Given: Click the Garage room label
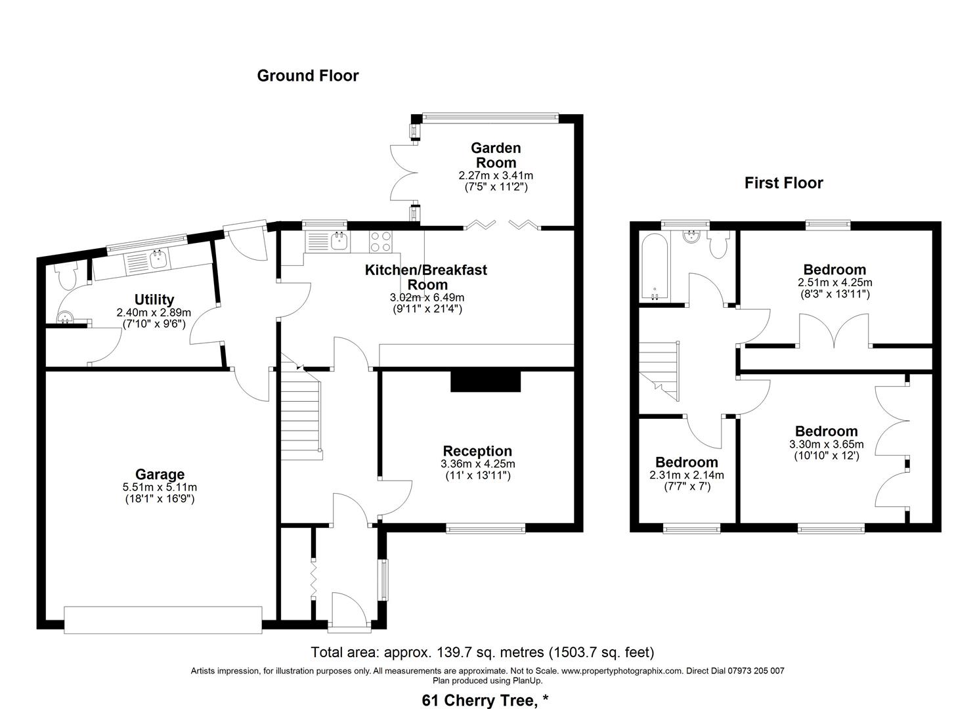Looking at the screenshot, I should [x=160, y=474].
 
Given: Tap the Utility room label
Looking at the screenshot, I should [x=154, y=300].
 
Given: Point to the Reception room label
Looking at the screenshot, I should [x=477, y=451].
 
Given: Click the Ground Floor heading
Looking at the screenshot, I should [x=308, y=75].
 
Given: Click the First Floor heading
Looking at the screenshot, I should [x=783, y=183].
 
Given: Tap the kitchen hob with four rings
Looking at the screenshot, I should [x=381, y=241].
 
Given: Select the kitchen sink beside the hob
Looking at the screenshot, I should [x=338, y=241].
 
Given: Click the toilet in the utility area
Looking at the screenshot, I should [x=66, y=276].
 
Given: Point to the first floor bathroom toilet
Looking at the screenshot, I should [x=718, y=246].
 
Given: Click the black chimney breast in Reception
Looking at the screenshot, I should [x=485, y=381].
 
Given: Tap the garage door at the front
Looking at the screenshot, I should [x=163, y=620].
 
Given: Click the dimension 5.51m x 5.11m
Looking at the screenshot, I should [x=160, y=487].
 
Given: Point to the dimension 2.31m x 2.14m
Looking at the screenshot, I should [x=686, y=475].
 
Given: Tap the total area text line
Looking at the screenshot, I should [x=483, y=653].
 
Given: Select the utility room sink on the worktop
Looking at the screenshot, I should [x=158, y=260].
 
